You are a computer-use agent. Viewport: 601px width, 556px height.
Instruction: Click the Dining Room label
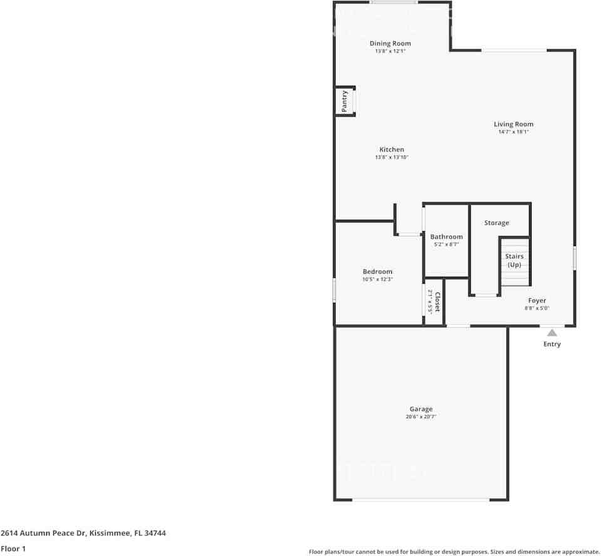pyautogui.click(x=390, y=43)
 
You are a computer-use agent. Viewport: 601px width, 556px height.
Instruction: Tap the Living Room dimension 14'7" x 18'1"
pyautogui.click(x=513, y=132)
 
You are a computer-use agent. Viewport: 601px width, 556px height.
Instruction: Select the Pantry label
pyautogui.click(x=344, y=101)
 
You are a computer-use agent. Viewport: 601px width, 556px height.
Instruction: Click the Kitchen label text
pyautogui.click(x=391, y=150)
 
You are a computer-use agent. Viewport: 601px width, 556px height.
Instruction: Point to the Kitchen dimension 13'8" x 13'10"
pyautogui.click(x=391, y=158)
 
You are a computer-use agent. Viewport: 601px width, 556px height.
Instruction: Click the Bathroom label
pyautogui.click(x=446, y=237)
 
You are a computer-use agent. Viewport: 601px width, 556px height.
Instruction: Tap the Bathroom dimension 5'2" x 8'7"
pyautogui.click(x=446, y=245)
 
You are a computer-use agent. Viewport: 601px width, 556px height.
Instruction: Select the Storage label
pyautogui.click(x=496, y=223)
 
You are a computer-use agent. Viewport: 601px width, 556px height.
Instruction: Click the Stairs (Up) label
pyautogui.click(x=514, y=260)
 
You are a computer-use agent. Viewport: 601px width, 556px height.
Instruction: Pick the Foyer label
pyautogui.click(x=537, y=301)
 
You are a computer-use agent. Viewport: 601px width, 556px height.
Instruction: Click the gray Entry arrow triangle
pyautogui.click(x=552, y=333)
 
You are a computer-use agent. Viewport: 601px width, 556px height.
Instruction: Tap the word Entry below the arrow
pyautogui.click(x=552, y=344)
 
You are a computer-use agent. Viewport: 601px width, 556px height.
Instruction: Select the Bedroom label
pyautogui.click(x=378, y=272)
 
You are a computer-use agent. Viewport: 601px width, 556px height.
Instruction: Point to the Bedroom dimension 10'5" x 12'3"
pyautogui.click(x=378, y=280)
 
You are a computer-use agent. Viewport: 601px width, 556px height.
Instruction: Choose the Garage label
pyautogui.click(x=421, y=409)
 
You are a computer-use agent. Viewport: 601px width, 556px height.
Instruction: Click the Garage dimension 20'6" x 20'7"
pyautogui.click(x=421, y=417)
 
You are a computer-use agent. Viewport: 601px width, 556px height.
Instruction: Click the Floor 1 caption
pyautogui.click(x=14, y=548)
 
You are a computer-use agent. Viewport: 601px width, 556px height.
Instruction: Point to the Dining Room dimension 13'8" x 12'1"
pyautogui.click(x=390, y=51)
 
